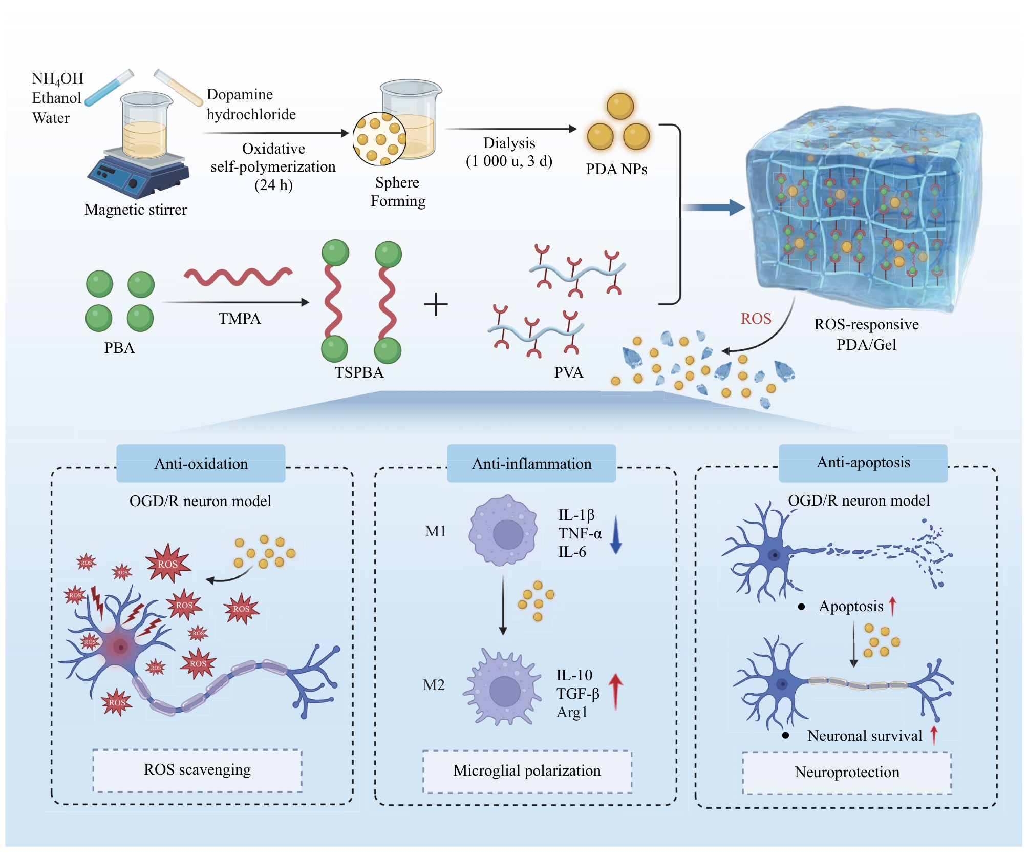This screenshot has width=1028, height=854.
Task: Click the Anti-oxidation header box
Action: pyautogui.click(x=201, y=463)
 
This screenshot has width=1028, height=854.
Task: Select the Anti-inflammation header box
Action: pyautogui.click(x=531, y=463)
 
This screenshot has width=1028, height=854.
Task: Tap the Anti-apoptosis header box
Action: pyautogui.click(x=863, y=463)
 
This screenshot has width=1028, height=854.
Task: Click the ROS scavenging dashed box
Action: pyautogui.click(x=197, y=770)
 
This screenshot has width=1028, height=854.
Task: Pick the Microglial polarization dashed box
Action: pyautogui.click(x=527, y=772)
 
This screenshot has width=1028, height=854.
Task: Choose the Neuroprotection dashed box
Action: pyautogui.click(x=847, y=773)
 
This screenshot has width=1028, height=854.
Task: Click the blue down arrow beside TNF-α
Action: pyautogui.click(x=616, y=535)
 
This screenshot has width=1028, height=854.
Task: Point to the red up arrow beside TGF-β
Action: pyautogui.click(x=615, y=692)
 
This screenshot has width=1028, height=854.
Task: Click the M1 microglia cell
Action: pyautogui.click(x=503, y=530)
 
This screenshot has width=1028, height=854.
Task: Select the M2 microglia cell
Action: pyautogui.click(x=503, y=686)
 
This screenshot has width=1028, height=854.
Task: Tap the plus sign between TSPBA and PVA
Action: pyautogui.click(x=436, y=304)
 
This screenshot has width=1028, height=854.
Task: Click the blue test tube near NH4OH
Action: pyautogui.click(x=109, y=88)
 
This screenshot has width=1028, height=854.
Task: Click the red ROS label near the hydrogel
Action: pyautogui.click(x=756, y=319)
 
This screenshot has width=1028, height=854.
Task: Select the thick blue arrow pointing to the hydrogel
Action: pyautogui.click(x=714, y=207)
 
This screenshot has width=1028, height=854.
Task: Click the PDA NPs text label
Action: pyautogui.click(x=616, y=169)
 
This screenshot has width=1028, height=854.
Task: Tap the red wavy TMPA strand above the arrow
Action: pyautogui.click(x=239, y=276)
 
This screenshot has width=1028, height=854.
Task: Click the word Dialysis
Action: pyautogui.click(x=509, y=143)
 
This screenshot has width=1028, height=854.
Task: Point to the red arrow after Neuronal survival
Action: pyautogui.click(x=934, y=735)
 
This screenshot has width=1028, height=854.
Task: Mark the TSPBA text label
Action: pyautogui.click(x=359, y=372)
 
